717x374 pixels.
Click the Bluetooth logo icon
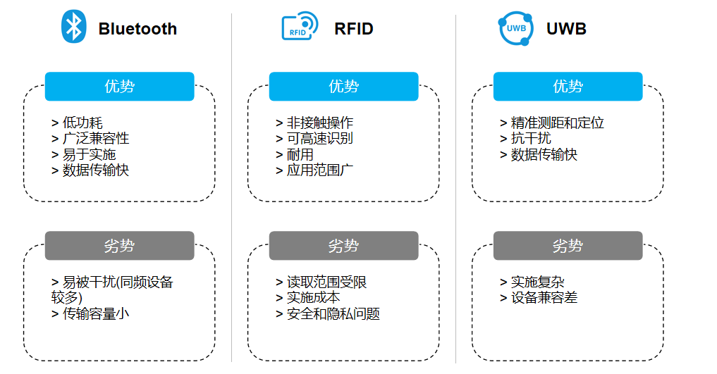[x=73, y=27]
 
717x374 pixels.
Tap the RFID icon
[x=300, y=27]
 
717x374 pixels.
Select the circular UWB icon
[x=515, y=28]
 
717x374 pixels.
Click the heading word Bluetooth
[x=137, y=29]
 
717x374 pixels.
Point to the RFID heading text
[x=353, y=29]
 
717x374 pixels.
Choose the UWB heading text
[x=566, y=29]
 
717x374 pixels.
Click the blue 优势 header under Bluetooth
[x=119, y=87]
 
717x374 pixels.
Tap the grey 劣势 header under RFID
[x=343, y=246]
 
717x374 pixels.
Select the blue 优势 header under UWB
[x=568, y=87]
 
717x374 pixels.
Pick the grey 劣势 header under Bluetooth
[x=119, y=246]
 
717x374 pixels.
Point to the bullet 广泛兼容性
[x=95, y=139]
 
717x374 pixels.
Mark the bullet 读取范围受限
[x=326, y=282]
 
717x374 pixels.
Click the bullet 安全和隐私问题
[x=333, y=314]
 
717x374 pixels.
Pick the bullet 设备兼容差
[x=544, y=298]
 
